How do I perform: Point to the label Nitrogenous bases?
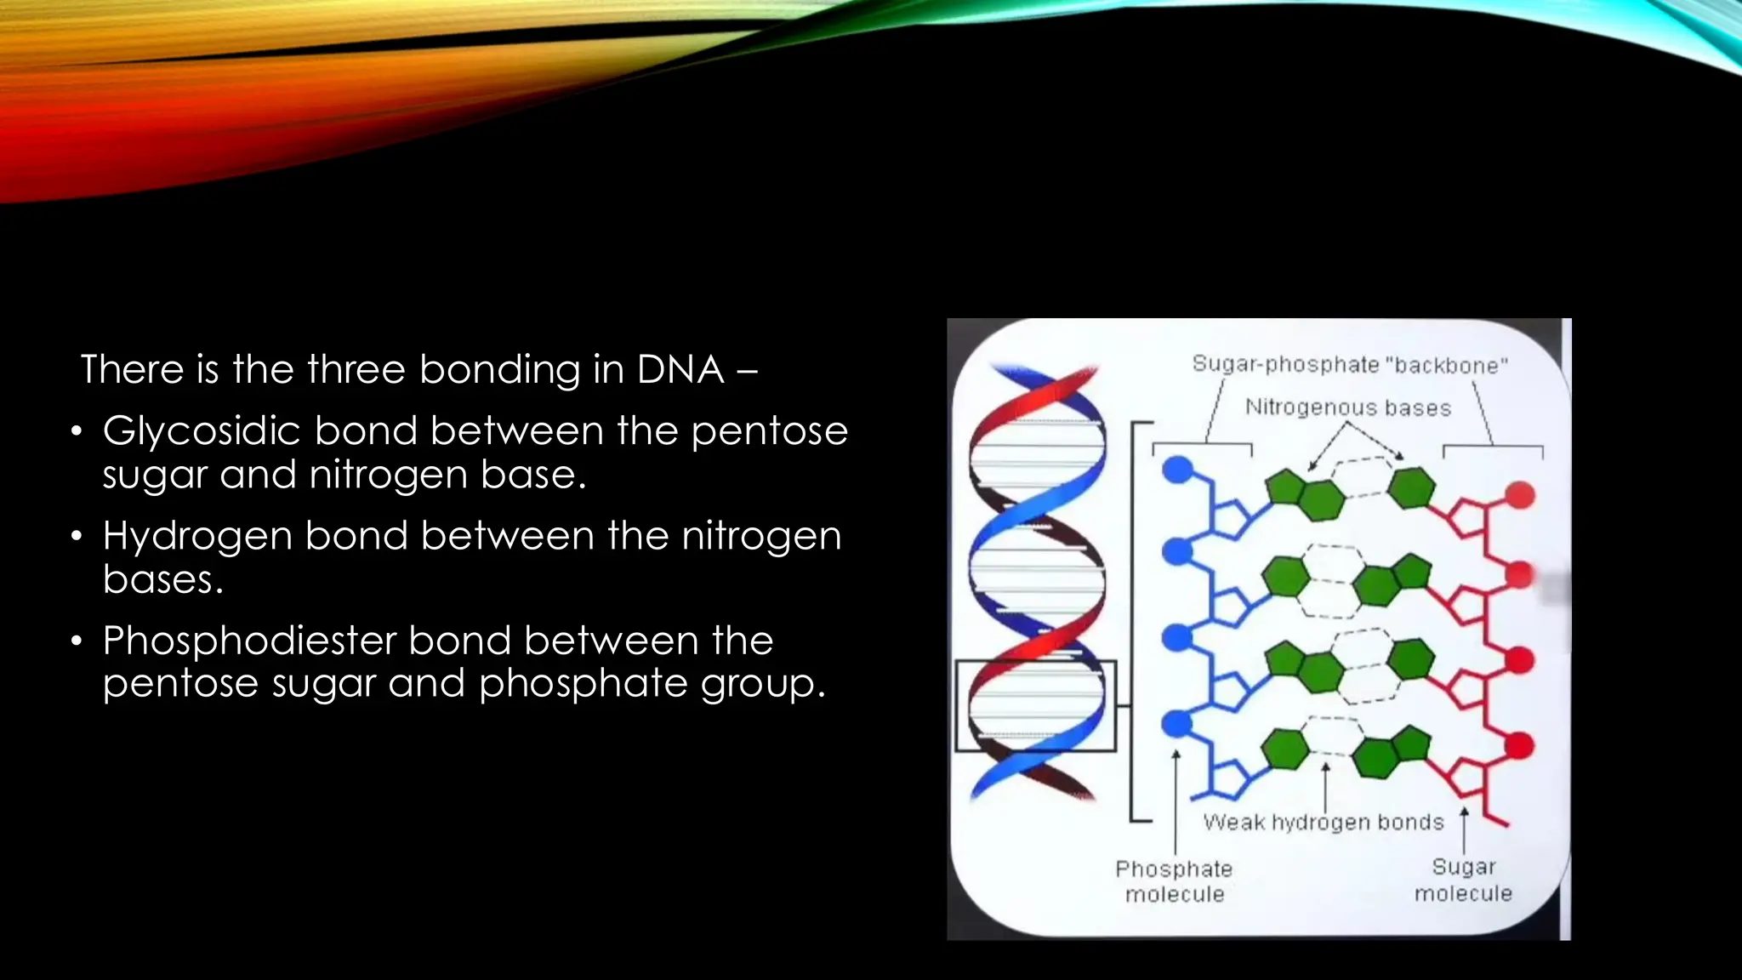pos(1348,407)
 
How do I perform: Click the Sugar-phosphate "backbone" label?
pos(1350,365)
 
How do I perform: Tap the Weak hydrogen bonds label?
pos(1324,822)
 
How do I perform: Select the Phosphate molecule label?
pos(1174,881)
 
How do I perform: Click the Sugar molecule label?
pos(1463,880)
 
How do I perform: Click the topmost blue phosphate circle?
pos(1178,470)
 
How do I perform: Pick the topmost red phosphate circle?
pos(1520,495)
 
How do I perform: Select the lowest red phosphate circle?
pos(1519,746)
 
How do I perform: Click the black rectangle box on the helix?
pos(1035,706)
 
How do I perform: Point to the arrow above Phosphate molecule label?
pos(1176,800)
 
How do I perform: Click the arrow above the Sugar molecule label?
pos(1464,829)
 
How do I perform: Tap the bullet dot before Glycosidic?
pos(77,432)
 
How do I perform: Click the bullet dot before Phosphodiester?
pos(77,641)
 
